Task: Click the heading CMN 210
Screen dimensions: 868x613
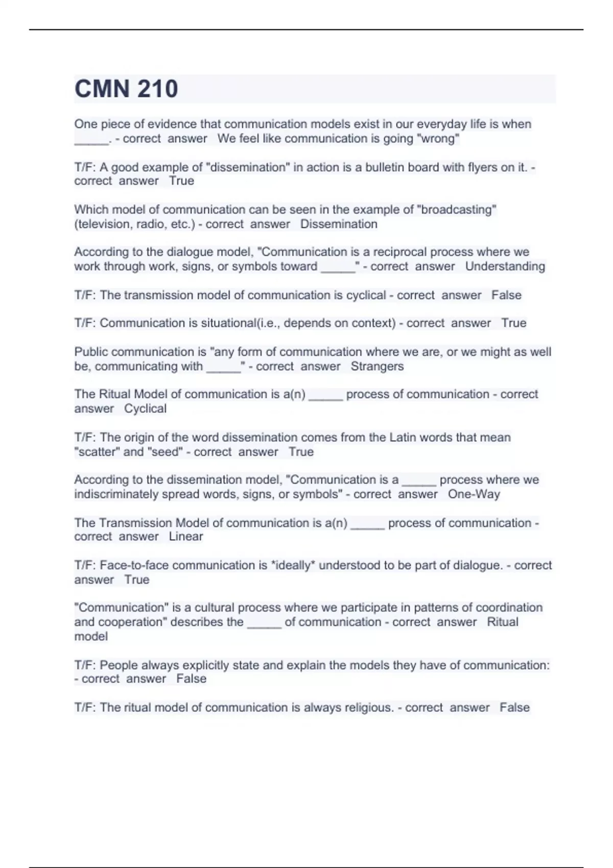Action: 126,89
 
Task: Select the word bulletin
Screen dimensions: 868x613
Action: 386,167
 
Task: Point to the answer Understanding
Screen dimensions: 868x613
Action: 505,266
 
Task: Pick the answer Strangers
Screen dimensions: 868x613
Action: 377,366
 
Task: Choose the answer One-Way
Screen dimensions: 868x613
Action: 474,494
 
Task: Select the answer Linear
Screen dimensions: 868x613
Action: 186,537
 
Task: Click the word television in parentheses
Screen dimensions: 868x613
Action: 104,224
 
